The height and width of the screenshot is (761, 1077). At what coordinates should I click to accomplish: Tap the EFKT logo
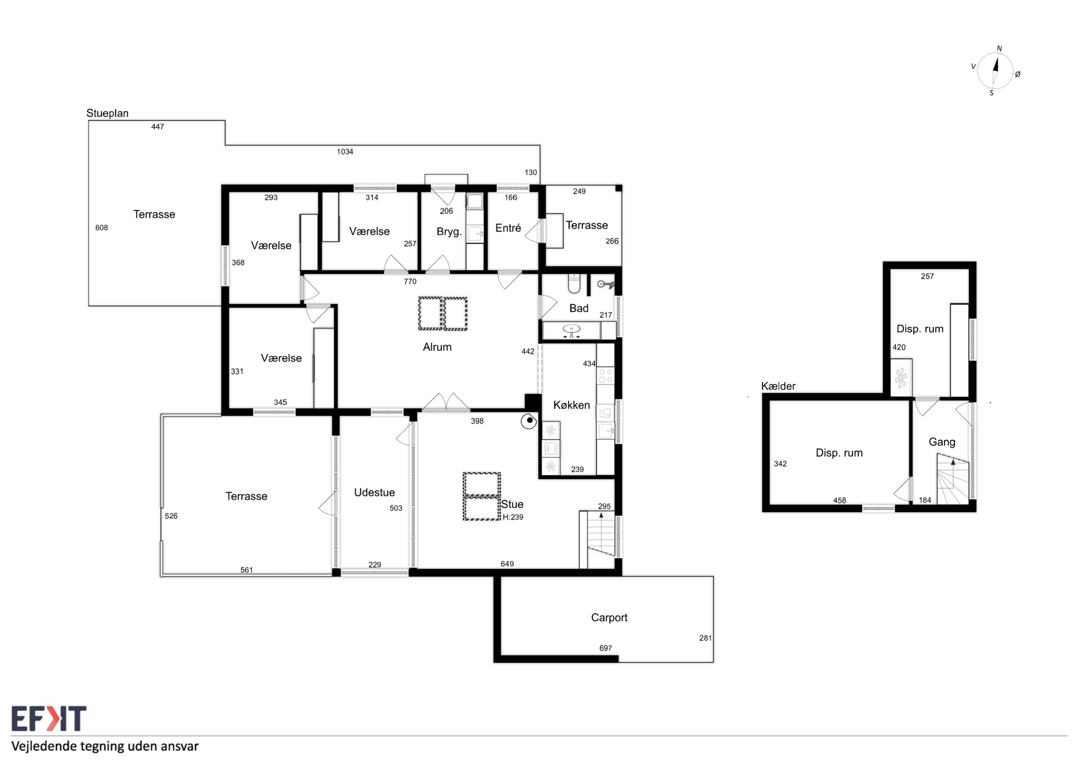pyautogui.click(x=49, y=718)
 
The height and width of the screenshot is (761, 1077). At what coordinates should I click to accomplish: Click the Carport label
pyautogui.click(x=609, y=617)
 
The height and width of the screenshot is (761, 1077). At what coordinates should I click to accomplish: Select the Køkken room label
pyautogui.click(x=571, y=405)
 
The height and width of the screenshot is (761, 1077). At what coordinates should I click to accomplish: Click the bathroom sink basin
pyautogui.click(x=571, y=329)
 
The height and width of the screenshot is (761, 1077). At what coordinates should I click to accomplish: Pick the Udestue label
pyautogui.click(x=374, y=492)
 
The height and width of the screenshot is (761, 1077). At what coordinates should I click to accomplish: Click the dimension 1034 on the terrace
pyautogui.click(x=345, y=151)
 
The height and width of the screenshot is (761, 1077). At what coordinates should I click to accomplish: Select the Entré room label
pyautogui.click(x=508, y=228)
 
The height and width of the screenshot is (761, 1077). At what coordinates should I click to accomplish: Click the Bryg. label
pyautogui.click(x=449, y=232)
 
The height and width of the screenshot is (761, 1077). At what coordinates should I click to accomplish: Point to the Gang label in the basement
pyautogui.click(x=942, y=442)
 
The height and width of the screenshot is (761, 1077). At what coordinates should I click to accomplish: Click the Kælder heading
pyautogui.click(x=778, y=386)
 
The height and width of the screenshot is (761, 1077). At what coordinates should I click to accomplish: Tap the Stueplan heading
pyautogui.click(x=107, y=113)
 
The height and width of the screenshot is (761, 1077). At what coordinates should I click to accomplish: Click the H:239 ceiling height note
pyautogui.click(x=513, y=517)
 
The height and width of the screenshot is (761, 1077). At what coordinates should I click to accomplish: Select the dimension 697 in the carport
pyautogui.click(x=606, y=648)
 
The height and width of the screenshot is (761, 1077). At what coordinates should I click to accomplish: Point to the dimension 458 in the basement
pyautogui.click(x=839, y=500)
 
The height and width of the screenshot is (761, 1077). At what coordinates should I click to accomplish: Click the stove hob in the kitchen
pyautogui.click(x=605, y=376)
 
